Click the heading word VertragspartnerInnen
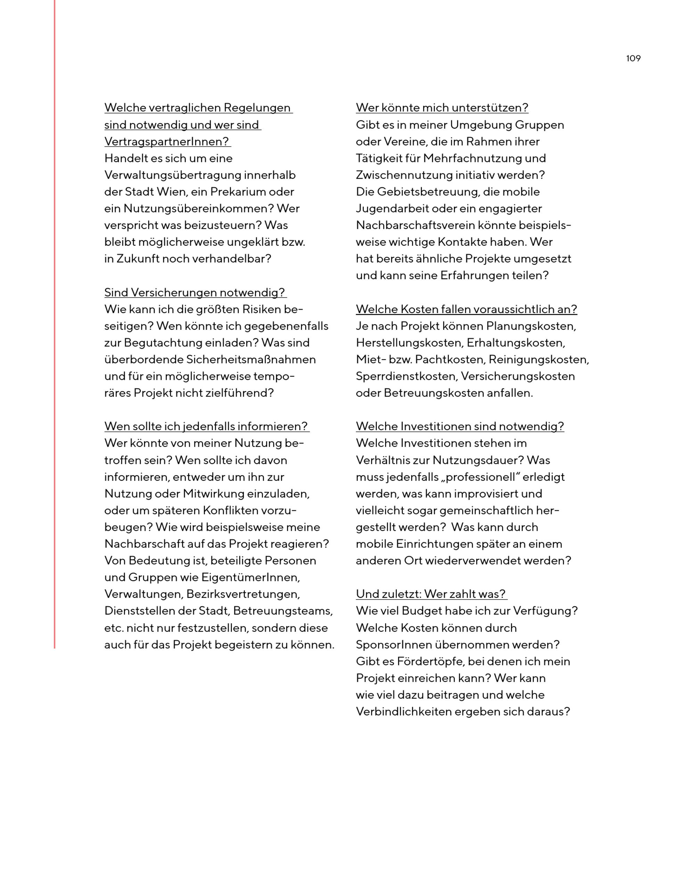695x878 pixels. click(167, 142)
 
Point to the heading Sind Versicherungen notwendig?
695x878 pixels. click(195, 292)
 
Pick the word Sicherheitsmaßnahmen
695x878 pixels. click(251, 359)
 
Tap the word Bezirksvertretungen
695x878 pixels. click(243, 594)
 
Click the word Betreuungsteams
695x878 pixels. click(283, 611)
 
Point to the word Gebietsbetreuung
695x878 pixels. click(427, 192)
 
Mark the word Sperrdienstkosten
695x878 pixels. click(406, 376)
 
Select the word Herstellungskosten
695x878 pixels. click(409, 343)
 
